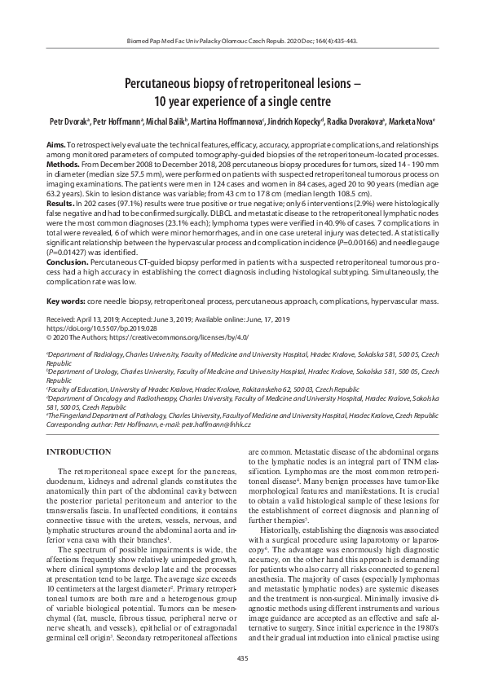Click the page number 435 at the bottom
tap(242, 657)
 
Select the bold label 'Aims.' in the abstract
tap(55, 143)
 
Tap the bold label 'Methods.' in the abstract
tap(63, 163)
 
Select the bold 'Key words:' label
tap(67, 301)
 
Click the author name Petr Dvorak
tap(68, 120)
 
